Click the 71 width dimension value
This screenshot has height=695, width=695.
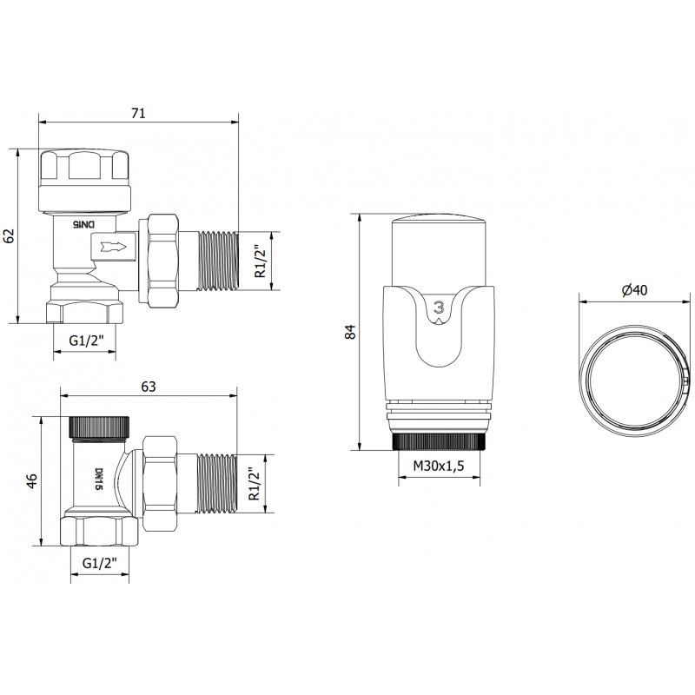[x=138, y=112]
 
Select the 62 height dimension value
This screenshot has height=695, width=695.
[x=10, y=235]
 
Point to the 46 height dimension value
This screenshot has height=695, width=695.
[x=33, y=481]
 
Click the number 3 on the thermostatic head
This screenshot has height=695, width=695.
[x=440, y=307]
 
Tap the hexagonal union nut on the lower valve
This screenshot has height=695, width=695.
[x=160, y=483]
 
